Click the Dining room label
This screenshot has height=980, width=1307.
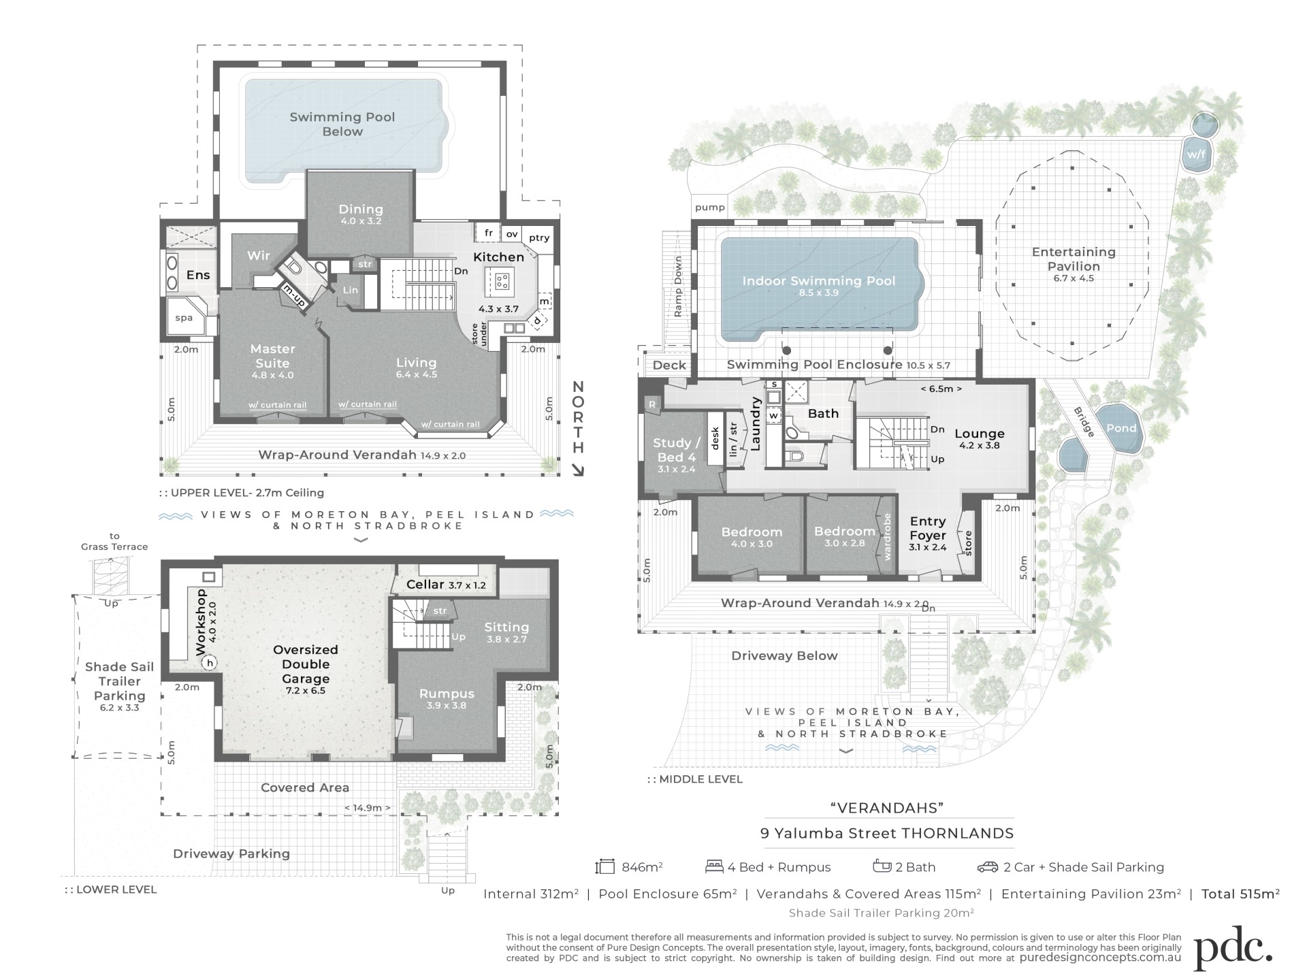[361, 210]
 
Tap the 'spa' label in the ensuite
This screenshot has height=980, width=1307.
[184, 318]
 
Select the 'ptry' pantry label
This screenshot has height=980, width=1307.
[539, 238]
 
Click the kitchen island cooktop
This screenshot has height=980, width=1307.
[502, 280]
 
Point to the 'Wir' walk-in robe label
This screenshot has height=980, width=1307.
[259, 256]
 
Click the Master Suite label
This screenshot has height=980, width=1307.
[272, 356]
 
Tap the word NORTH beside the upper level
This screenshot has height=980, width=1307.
[578, 417]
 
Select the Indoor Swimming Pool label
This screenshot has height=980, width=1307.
[818, 280]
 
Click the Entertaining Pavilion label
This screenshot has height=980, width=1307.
[1074, 259]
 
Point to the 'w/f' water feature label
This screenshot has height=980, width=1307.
[1196, 154]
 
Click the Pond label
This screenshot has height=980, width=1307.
[1121, 428]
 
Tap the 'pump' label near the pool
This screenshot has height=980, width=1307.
[710, 208]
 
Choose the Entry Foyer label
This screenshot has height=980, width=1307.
[928, 528]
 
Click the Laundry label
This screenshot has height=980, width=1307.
[756, 423]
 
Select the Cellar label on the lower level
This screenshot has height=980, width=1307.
[425, 584]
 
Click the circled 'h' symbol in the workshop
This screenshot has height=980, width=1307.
[210, 662]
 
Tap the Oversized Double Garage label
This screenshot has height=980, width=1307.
[306, 664]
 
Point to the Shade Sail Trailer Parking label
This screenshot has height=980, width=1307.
[119, 681]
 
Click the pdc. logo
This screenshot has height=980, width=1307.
[1233, 947]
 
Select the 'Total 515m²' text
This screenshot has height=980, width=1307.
[1240, 894]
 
